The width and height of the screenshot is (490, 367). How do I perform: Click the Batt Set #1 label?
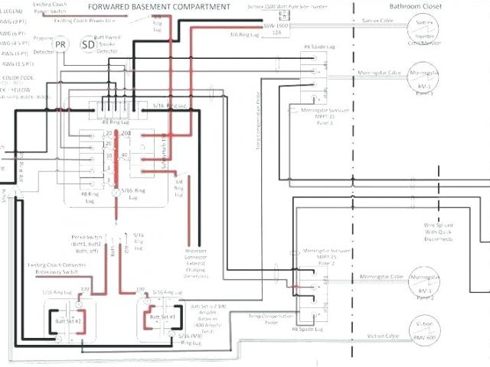point(162,316)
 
